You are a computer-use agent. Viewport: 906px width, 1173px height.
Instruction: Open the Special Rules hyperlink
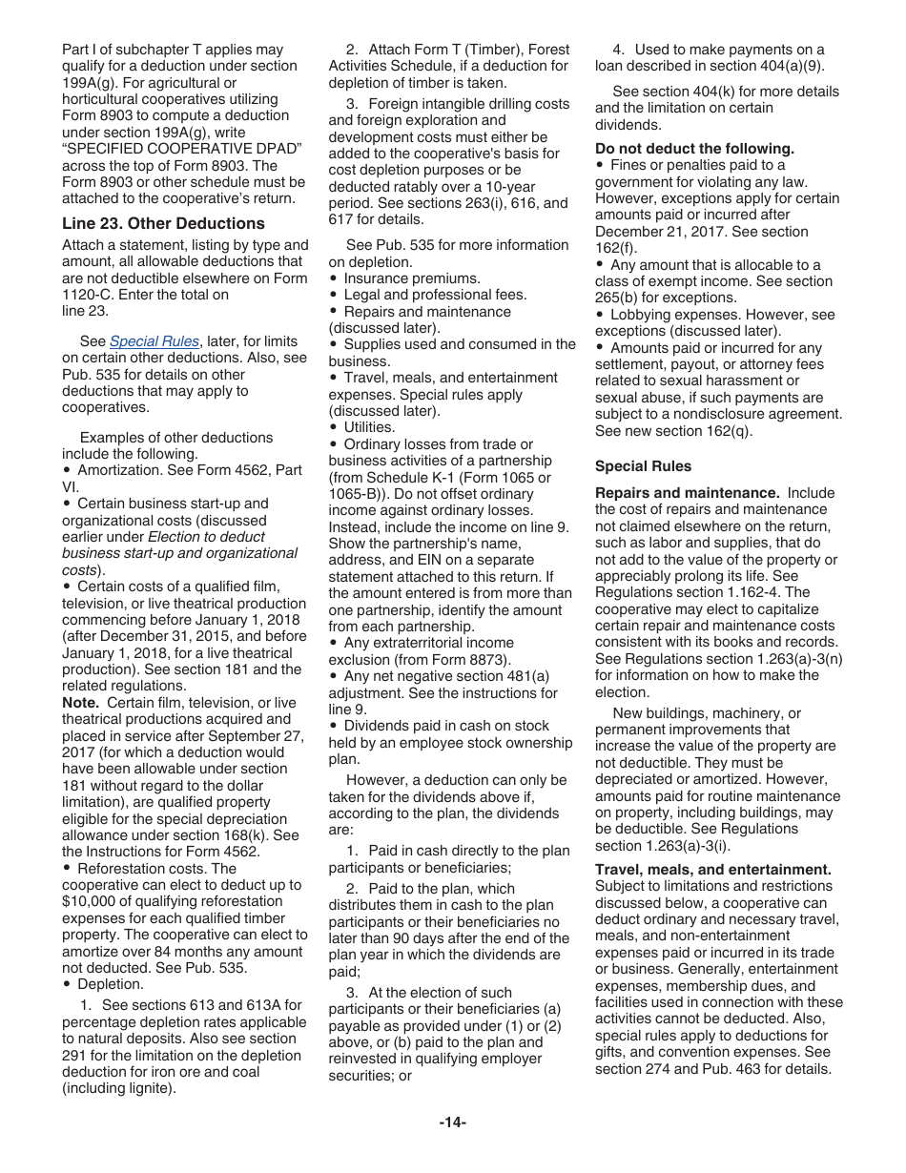pos(154,341)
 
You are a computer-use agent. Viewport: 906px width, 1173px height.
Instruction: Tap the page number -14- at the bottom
pos(453,1122)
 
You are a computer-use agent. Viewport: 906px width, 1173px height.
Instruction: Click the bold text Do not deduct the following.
pos(694,149)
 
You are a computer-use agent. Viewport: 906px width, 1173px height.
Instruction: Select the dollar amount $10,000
pos(93,901)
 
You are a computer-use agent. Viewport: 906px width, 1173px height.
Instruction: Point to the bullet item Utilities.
pos(369,427)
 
